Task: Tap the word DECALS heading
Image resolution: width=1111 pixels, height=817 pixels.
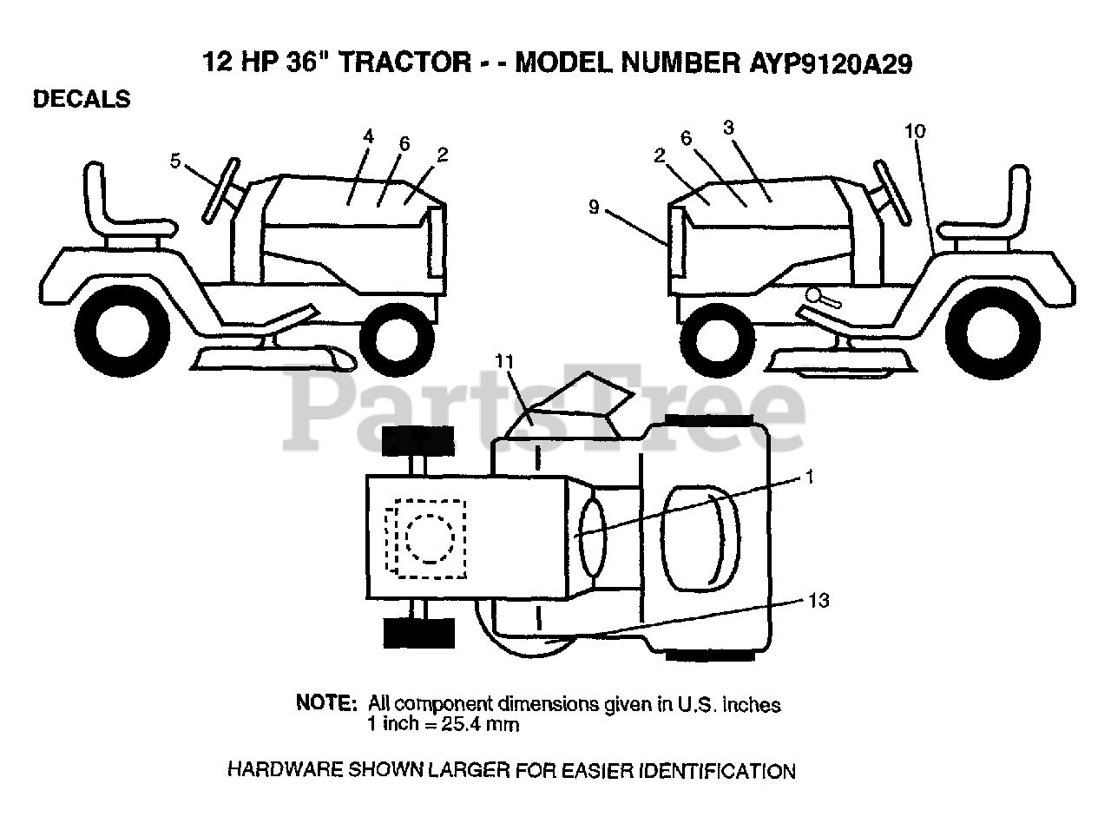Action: pyautogui.click(x=82, y=100)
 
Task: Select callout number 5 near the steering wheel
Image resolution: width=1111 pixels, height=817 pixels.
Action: pyautogui.click(x=175, y=161)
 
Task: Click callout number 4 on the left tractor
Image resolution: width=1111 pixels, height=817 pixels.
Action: pyautogui.click(x=368, y=136)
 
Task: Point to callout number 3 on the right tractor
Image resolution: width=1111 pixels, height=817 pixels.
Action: pyautogui.click(x=728, y=128)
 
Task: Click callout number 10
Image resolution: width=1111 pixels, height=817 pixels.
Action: pyautogui.click(x=915, y=131)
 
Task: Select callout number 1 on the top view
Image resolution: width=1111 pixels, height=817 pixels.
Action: pyautogui.click(x=809, y=477)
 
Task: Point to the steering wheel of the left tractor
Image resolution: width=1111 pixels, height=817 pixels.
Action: pyautogui.click(x=220, y=191)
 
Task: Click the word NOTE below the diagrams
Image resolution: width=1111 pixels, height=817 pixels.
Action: pyautogui.click(x=326, y=702)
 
